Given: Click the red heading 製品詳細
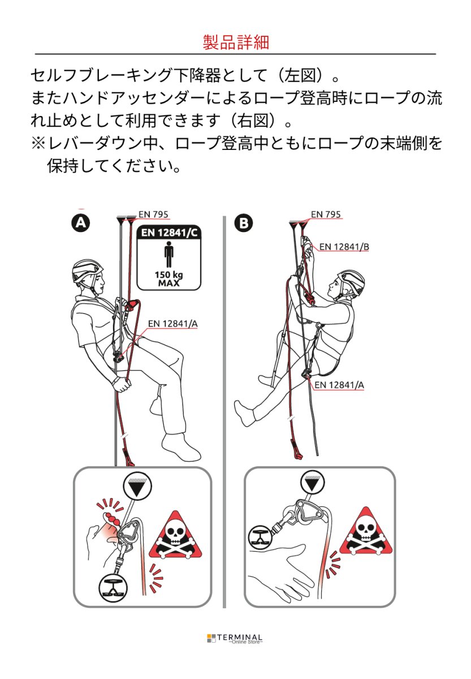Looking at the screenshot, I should (x=236, y=42).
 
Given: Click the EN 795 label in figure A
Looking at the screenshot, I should (x=153, y=214).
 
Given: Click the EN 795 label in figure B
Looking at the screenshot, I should (x=326, y=214).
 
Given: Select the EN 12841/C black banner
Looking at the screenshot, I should (x=168, y=232).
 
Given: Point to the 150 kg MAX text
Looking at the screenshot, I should (x=168, y=279).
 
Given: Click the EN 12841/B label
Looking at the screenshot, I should (x=344, y=247).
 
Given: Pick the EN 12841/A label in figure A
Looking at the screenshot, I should (x=172, y=324).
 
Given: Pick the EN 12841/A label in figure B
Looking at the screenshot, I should (x=339, y=385).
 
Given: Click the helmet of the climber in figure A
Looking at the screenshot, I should (x=87, y=270).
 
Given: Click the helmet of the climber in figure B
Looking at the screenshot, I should (x=352, y=280).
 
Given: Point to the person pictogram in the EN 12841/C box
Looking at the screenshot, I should (x=168, y=255).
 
